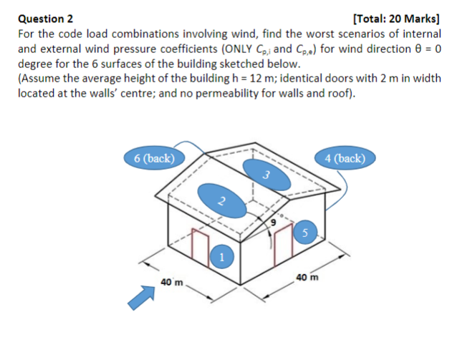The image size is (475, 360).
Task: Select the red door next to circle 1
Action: pos(201,248)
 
